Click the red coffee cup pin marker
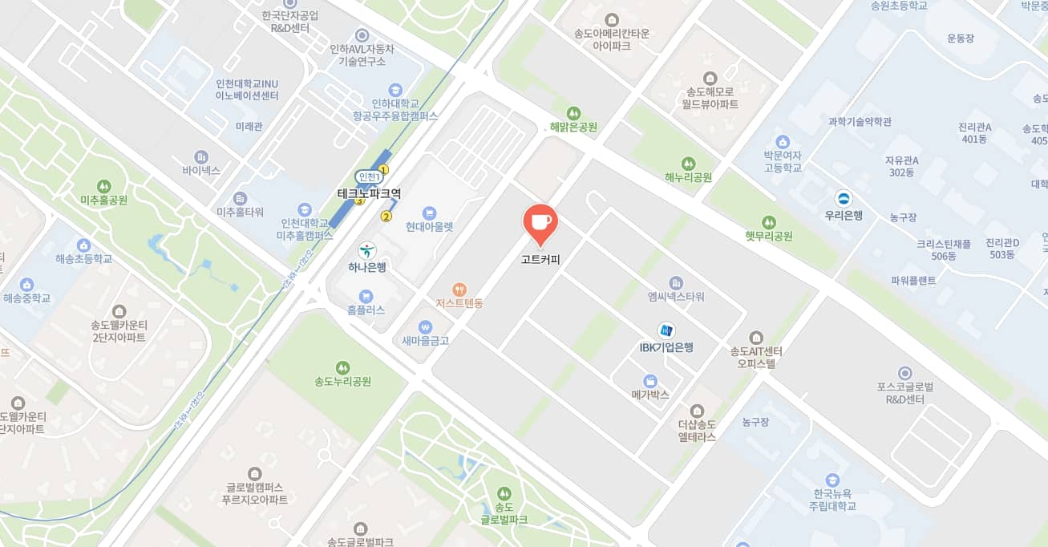click(540, 222)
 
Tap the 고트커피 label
click(540, 259)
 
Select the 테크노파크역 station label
click(369, 193)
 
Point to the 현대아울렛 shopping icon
click(429, 213)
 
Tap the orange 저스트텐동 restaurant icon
click(459, 289)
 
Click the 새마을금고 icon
click(425, 326)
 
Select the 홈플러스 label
click(366, 310)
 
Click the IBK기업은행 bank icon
click(666, 330)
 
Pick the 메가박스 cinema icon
click(650, 380)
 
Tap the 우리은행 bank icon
click(844, 198)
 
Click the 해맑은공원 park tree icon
click(573, 112)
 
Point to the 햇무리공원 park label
click(768, 236)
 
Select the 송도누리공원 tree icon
click(342, 367)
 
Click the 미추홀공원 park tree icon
click(103, 186)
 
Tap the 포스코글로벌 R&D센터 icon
click(905, 373)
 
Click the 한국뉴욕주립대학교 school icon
click(833, 479)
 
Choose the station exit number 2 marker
click(386, 217)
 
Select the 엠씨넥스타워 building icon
click(676, 282)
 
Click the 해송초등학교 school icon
click(83, 245)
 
